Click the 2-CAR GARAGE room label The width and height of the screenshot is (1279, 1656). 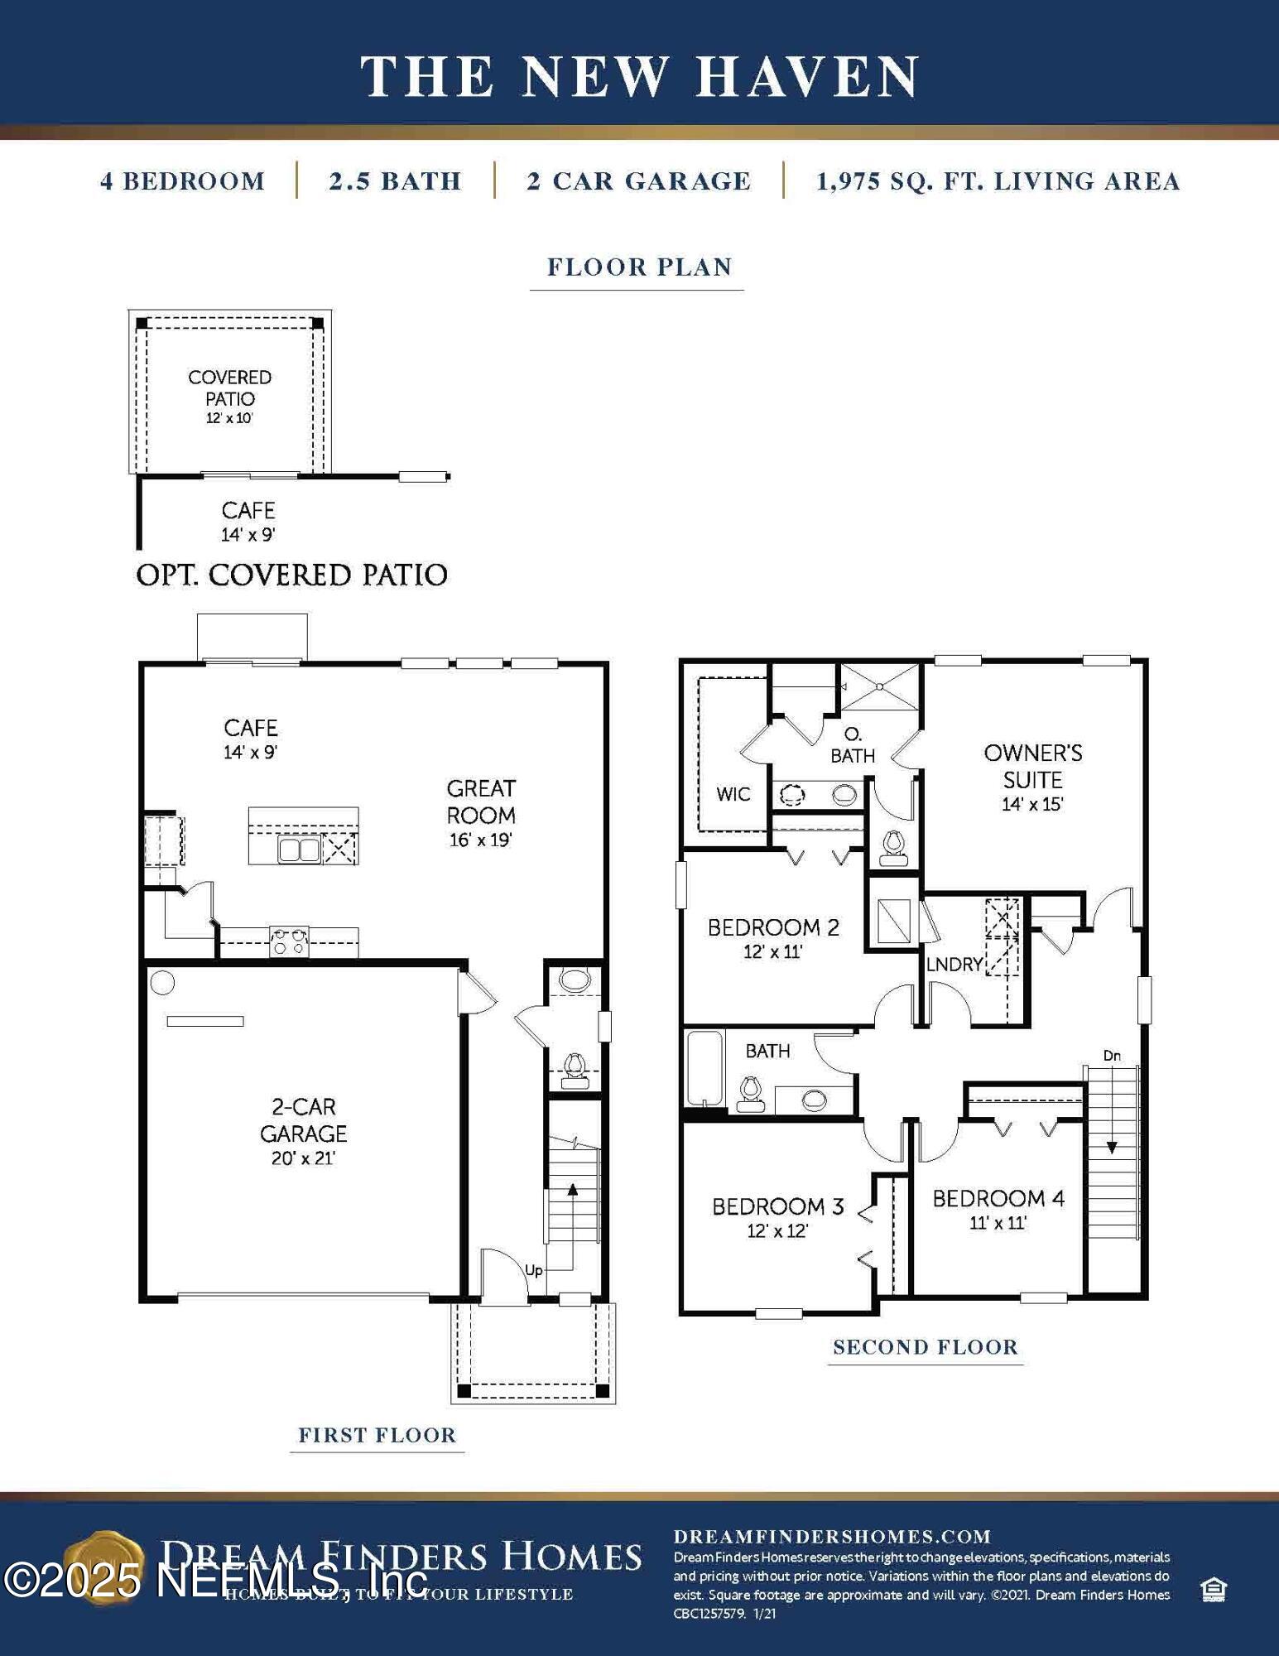point(303,1131)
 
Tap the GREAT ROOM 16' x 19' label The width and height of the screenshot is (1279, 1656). point(481,813)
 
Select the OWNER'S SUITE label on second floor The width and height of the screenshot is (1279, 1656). point(1032,777)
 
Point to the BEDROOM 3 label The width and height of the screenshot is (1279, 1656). point(777,1216)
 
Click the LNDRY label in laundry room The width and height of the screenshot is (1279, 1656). point(954,964)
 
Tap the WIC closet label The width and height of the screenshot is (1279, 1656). point(733,794)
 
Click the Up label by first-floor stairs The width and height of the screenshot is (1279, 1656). point(534,1269)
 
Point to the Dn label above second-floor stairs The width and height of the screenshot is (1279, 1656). point(1112,1055)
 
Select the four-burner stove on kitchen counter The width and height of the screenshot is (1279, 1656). point(289,941)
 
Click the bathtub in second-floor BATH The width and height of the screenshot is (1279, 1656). point(704,1068)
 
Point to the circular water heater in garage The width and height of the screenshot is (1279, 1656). point(162,983)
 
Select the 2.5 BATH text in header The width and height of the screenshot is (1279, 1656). point(395,181)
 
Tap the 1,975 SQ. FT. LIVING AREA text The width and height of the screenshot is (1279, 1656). point(998,181)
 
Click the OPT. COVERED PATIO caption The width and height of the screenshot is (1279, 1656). point(291,575)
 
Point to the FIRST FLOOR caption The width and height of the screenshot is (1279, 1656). point(377,1435)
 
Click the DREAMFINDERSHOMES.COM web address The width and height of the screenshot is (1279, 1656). point(832,1537)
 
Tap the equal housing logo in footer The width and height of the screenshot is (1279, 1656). point(1213,1589)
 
